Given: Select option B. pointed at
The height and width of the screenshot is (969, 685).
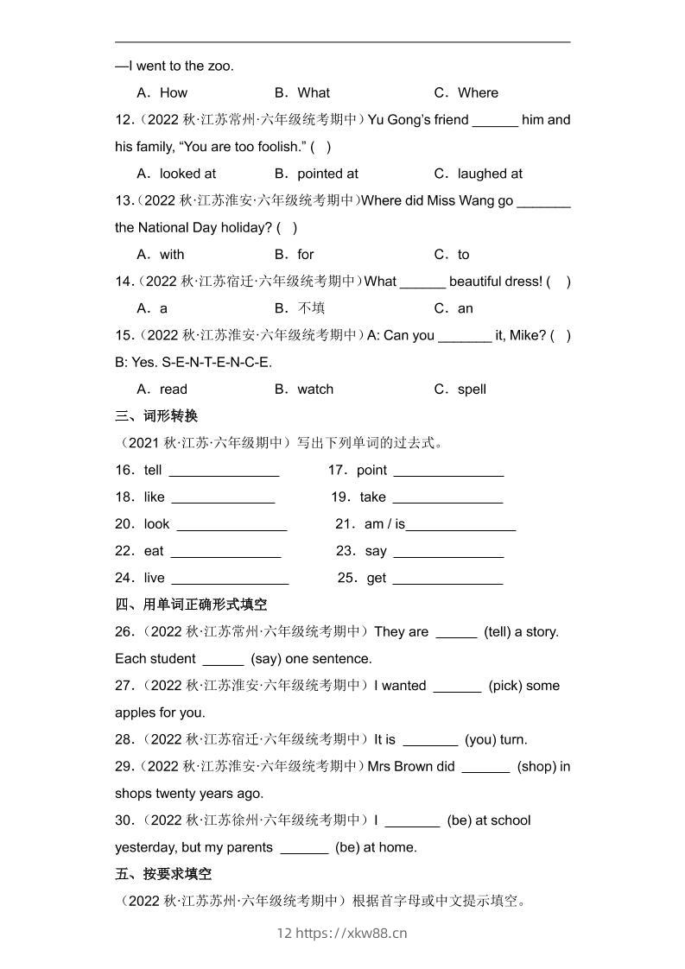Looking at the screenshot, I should pos(316,174).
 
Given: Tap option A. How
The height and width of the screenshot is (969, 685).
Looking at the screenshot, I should pos(162,92).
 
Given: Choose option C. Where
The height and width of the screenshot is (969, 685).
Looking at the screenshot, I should pos(466,92).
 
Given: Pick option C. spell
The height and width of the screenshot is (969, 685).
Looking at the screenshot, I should pos(460,389).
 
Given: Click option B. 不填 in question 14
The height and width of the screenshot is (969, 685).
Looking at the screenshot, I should pos(300,308).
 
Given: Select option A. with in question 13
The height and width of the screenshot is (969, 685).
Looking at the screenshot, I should pos(161,255).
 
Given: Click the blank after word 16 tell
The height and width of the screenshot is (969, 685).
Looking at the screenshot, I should pos(224,472).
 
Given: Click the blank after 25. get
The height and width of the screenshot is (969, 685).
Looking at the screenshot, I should pos(447,579).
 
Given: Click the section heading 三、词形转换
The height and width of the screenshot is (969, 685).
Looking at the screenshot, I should pos(156,416).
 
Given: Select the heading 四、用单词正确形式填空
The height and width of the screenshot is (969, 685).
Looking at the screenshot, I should pos(191,605).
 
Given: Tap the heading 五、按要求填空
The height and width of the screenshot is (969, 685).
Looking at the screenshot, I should pos(163,874).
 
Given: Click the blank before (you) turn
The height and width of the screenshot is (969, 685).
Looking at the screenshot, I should pos(430,741).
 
